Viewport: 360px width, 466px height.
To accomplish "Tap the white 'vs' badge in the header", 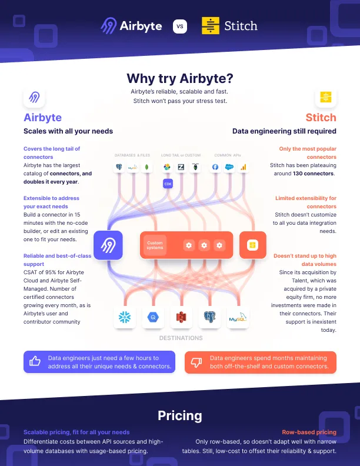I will click(x=180, y=26).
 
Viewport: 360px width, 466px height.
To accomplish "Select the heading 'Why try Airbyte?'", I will click(x=180, y=78).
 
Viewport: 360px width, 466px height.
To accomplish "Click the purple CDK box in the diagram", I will click(x=168, y=184).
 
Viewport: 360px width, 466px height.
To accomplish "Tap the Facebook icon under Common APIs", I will click(x=215, y=168).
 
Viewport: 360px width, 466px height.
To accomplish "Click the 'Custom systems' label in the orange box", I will click(x=155, y=245).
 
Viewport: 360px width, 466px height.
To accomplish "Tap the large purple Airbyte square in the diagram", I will click(x=108, y=245).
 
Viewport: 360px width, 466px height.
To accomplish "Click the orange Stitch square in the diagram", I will click(x=252, y=245).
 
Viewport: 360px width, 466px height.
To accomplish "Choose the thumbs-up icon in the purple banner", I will click(x=35, y=362).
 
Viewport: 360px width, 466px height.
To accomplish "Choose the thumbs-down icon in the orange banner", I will click(x=197, y=362).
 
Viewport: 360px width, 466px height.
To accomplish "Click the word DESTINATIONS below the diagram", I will click(x=181, y=338).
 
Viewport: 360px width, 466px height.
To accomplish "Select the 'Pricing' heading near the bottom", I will click(x=180, y=416).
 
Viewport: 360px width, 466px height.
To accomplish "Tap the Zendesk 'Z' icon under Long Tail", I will click(x=181, y=168).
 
